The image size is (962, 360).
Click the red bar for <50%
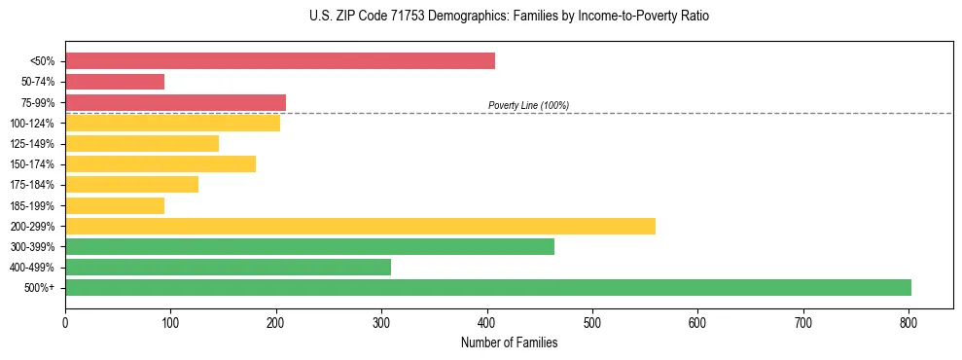click(280, 61)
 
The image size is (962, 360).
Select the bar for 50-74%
click(115, 82)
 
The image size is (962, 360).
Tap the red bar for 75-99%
click(175, 102)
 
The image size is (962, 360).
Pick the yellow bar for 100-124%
click(172, 123)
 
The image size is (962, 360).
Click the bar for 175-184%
click(131, 185)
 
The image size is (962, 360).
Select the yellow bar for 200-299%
click(360, 226)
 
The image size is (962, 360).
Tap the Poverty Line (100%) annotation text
click(528, 105)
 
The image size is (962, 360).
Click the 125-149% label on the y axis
click(32, 144)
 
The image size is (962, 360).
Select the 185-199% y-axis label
click(32, 206)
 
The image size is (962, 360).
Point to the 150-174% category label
click(32, 164)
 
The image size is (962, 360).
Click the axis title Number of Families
click(509, 342)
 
